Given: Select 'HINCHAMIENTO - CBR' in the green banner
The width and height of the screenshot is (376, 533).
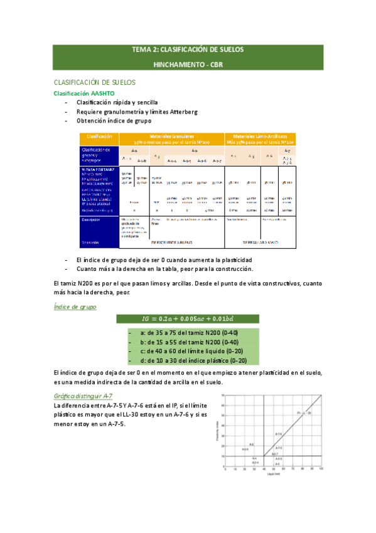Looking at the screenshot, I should (188, 64).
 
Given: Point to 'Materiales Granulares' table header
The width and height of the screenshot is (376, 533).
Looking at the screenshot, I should (171, 135).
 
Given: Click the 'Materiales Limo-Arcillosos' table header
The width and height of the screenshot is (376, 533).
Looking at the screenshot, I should (260, 135).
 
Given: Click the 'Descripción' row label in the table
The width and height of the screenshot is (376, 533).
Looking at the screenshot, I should (92, 219).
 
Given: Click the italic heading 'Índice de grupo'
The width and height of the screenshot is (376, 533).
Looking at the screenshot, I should (75, 306).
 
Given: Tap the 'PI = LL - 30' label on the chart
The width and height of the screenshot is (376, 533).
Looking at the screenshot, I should (304, 412).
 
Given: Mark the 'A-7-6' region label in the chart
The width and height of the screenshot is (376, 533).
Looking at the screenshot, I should (279, 434).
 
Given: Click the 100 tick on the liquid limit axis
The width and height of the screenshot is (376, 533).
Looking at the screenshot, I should (321, 469).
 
